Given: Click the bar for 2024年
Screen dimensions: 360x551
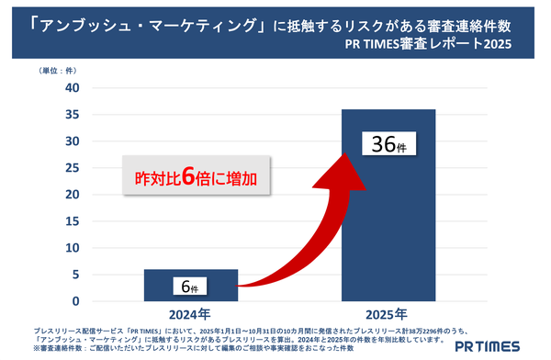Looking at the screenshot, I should (x=191, y=285).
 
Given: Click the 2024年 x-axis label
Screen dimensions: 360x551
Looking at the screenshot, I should (x=191, y=312).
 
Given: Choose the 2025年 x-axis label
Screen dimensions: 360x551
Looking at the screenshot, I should (x=388, y=312).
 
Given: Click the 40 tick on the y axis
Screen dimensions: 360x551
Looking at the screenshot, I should (x=73, y=87).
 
